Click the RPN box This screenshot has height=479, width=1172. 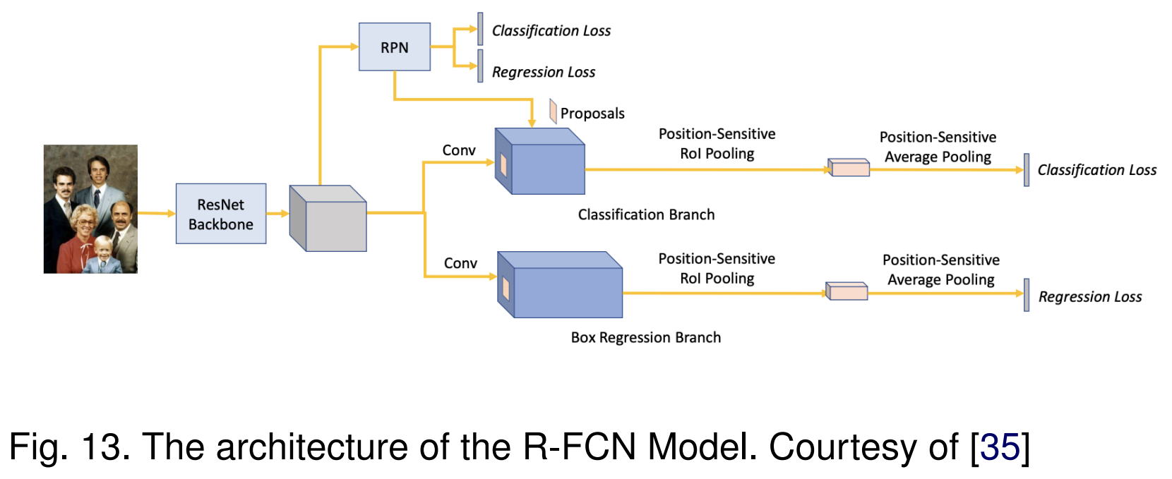click(x=394, y=47)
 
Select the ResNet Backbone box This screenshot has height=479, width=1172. click(x=221, y=214)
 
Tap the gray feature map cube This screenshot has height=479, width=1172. click(x=328, y=218)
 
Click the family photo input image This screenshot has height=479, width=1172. click(x=90, y=209)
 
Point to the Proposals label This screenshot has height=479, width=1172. click(x=592, y=114)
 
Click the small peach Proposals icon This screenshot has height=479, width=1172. click(x=553, y=111)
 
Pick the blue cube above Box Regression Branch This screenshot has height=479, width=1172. click(x=560, y=285)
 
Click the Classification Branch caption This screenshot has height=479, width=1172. click(x=646, y=214)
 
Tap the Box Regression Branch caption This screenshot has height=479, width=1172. click(x=646, y=337)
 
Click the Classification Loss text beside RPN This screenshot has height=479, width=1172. click(x=551, y=31)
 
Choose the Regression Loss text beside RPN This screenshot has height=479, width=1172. click(x=544, y=72)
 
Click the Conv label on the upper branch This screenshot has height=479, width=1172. click(x=459, y=150)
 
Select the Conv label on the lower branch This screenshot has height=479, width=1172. click(x=460, y=263)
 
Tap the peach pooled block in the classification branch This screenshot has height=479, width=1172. click(x=849, y=168)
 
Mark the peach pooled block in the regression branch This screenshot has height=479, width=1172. click(x=847, y=291)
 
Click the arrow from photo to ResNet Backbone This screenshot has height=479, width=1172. click(x=156, y=213)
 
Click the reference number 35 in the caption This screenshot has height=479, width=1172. click(x=1000, y=447)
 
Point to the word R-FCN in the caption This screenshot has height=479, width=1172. click(x=580, y=447)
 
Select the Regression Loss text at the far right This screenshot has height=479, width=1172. click(x=1090, y=297)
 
